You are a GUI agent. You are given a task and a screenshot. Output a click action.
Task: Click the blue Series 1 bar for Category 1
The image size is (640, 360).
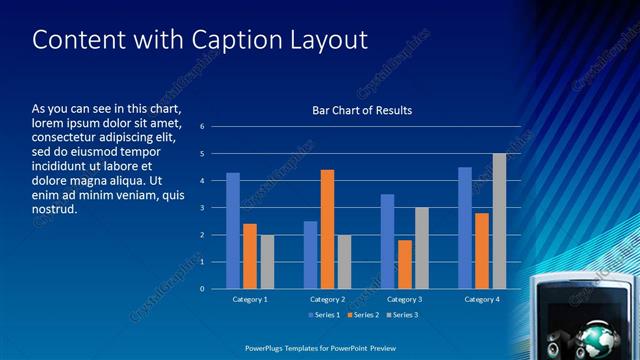point(233,231)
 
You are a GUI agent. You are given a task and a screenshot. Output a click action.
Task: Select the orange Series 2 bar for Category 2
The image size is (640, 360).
point(327,229)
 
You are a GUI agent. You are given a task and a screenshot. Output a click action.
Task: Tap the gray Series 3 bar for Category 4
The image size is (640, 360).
point(499,221)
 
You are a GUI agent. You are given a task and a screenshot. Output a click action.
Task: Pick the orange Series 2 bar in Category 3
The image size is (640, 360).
point(405,264)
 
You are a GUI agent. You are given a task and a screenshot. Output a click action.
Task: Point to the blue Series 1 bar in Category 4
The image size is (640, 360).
point(465,228)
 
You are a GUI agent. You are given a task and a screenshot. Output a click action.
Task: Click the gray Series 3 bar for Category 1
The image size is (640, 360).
point(267,262)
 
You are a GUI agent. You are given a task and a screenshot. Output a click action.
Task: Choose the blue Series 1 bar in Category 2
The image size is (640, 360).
point(310,255)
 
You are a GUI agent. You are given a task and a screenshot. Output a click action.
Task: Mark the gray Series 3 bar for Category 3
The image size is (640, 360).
point(422,248)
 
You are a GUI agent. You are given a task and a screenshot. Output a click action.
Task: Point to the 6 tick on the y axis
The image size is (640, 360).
point(202,127)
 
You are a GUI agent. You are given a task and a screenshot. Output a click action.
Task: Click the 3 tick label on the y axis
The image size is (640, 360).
point(202,208)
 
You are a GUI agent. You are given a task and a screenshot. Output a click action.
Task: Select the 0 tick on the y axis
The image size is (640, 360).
point(202,289)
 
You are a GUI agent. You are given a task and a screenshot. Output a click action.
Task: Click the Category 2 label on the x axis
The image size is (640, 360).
point(327,299)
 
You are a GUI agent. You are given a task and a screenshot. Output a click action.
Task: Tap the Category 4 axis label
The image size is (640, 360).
point(482,299)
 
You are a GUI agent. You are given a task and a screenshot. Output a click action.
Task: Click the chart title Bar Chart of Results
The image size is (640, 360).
point(362,110)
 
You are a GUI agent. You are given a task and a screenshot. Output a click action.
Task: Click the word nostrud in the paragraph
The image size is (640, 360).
point(54,210)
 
